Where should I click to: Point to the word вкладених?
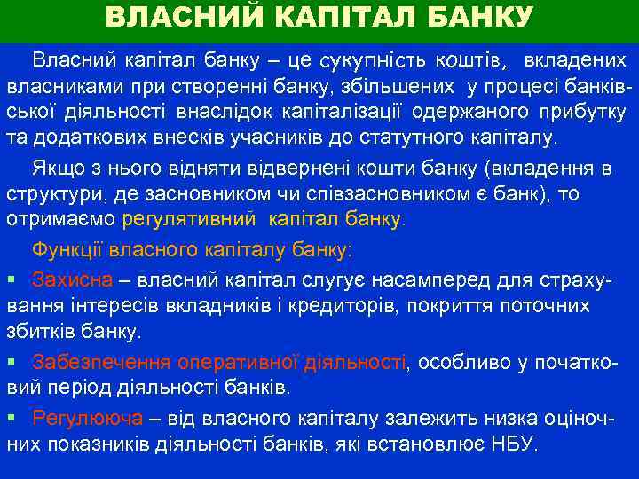tap(575, 61)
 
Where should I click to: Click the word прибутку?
tap(582, 113)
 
